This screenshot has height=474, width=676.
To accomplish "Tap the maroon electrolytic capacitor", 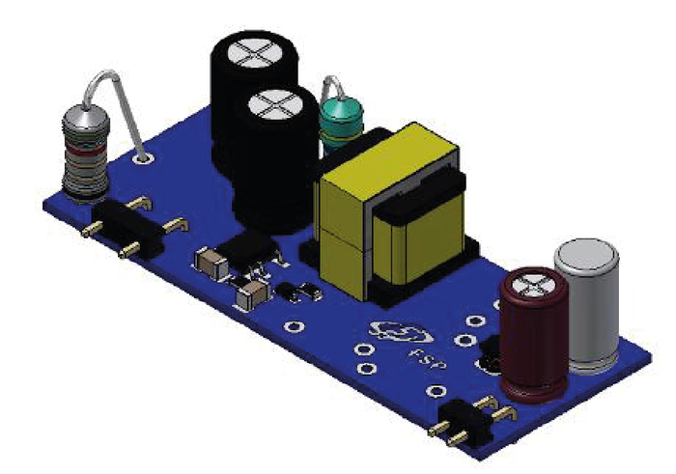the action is point(534,334).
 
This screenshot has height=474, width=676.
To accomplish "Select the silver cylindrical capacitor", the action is point(588,305).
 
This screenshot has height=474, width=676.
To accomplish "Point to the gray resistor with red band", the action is point(85,153).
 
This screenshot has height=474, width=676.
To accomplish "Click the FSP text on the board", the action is point(427,358).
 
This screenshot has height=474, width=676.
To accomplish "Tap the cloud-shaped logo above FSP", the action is point(400,332).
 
